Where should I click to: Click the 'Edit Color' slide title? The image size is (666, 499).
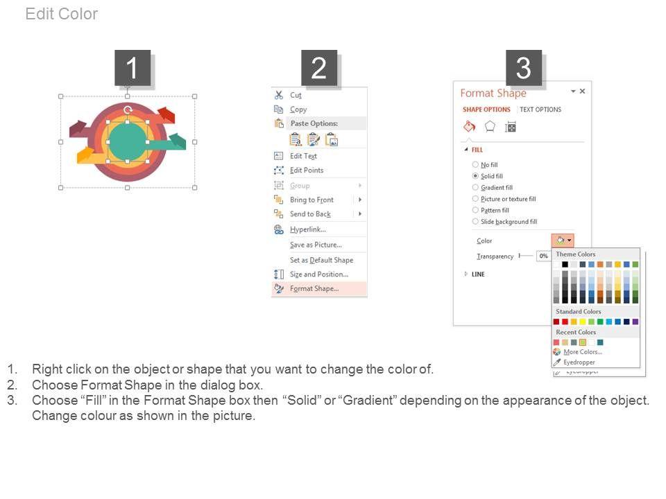tap(62, 14)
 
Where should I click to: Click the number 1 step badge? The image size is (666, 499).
tap(133, 68)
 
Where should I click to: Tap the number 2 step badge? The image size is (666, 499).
tap(319, 68)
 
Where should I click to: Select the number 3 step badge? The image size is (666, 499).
tap(524, 68)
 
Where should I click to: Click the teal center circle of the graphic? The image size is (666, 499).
tap(128, 141)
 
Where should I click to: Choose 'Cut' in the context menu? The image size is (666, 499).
tap(296, 95)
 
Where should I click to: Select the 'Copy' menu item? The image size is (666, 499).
tap(298, 110)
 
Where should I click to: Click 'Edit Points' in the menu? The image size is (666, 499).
tap(307, 170)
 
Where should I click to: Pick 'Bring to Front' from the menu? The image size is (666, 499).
tap(311, 200)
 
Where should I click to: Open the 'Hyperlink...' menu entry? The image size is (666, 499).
tap(307, 229)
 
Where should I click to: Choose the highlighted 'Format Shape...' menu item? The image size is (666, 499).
tap(314, 288)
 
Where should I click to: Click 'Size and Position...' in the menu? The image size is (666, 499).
tap(319, 274)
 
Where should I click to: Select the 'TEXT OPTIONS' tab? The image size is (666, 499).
tap(540, 110)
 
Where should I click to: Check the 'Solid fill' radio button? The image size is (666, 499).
tap(475, 175)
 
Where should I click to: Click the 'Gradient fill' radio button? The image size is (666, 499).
tap(475, 187)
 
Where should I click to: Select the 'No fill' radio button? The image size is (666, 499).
tap(475, 164)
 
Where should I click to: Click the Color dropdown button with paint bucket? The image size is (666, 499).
tap(563, 240)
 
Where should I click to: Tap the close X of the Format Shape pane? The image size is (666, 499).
tap(582, 91)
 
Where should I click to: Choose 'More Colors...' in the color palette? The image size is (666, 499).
tap(582, 352)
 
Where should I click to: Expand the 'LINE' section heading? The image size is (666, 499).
tap(478, 274)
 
